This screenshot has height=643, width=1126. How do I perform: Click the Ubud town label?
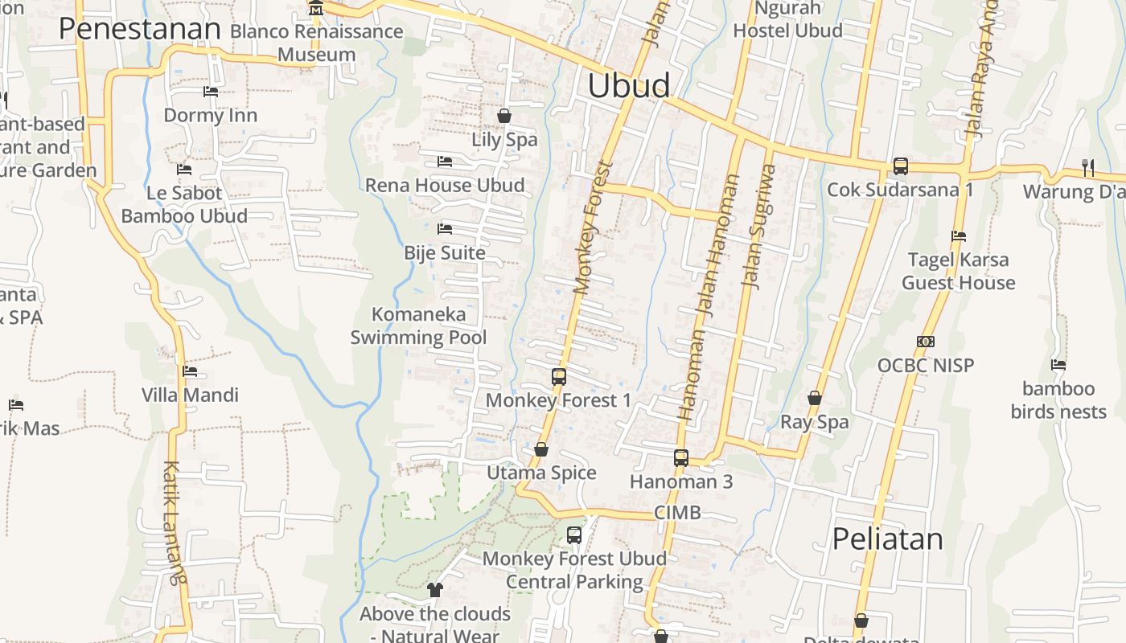628,86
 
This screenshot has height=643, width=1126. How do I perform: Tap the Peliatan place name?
887,539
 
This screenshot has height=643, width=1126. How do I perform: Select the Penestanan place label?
139,29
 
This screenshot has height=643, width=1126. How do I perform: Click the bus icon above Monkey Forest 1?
558,376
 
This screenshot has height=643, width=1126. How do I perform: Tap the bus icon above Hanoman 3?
681,458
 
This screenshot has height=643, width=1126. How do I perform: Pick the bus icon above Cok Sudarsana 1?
900,166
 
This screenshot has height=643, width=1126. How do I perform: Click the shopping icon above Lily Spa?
504,117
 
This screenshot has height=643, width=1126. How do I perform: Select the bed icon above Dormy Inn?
211,92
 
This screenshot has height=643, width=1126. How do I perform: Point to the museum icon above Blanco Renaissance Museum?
316,9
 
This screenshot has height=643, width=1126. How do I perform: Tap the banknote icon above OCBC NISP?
926,342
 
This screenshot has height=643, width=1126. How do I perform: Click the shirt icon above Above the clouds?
435,590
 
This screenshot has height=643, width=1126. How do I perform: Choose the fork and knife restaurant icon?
1087,168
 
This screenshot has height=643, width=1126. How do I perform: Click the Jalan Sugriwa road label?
759,227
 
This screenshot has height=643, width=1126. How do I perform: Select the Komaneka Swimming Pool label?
418,326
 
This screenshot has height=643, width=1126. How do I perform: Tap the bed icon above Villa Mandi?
190,371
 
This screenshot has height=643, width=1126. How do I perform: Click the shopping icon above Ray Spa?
815,399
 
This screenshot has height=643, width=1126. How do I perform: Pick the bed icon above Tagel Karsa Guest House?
958,236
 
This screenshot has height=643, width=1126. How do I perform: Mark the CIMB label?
677,513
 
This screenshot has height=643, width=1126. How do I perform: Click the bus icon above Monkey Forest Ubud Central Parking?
574,534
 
